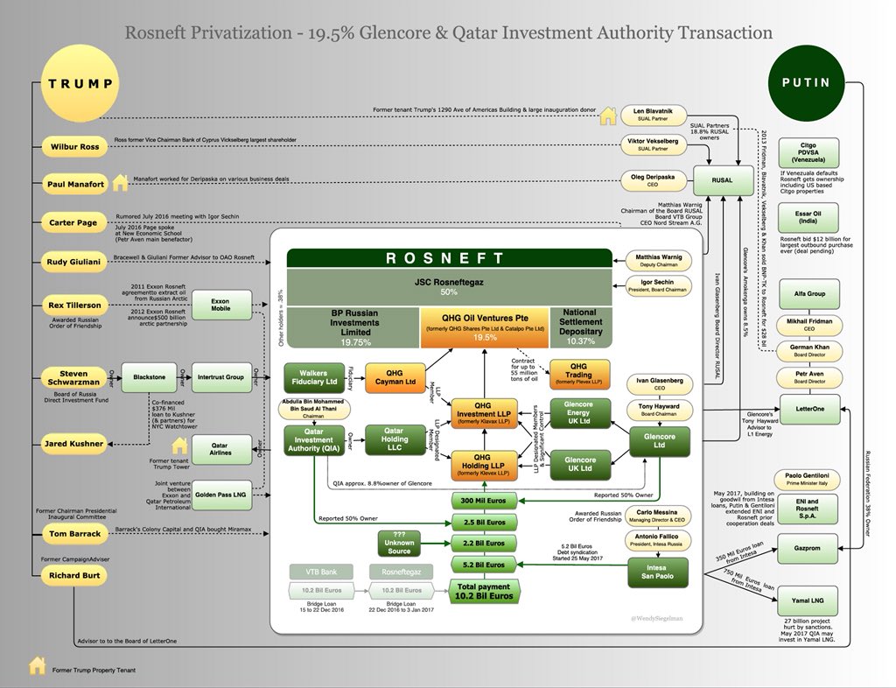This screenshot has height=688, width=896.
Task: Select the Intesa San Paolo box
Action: coord(661,573)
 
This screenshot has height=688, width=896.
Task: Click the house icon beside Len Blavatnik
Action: coord(607,116)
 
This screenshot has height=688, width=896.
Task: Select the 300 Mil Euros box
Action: coord(478,501)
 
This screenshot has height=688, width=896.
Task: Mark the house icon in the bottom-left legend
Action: coord(37,666)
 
